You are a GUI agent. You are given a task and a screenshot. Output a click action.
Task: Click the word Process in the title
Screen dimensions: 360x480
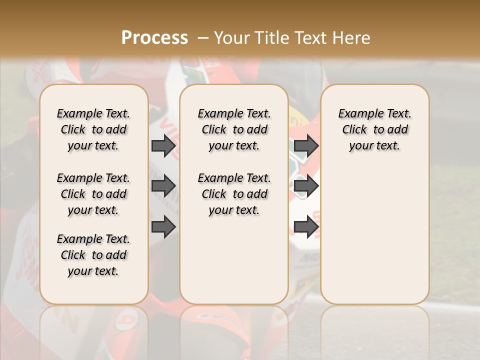pos(154,38)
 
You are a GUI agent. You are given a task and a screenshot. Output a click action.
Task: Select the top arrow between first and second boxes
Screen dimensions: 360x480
pos(163,146)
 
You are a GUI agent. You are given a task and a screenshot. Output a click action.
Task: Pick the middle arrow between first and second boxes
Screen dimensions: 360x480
pos(163,186)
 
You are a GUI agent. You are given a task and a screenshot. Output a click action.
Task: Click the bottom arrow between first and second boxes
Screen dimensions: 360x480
pos(163,227)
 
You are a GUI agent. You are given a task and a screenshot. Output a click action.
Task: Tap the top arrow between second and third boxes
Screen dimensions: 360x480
pos(306,146)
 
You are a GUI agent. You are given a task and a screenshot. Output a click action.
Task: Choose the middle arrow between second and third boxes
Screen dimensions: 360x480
pos(306,186)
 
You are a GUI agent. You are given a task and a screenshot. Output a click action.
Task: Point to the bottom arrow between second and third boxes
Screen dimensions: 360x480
pos(306,227)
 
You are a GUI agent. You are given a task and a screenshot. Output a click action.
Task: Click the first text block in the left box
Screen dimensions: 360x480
pos(93,129)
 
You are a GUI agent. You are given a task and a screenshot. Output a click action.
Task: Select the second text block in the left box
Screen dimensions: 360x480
pos(93,194)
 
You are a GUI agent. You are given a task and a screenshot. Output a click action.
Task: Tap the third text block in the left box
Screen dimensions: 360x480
pos(93,255)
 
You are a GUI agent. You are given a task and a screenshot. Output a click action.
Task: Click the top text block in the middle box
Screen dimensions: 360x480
pos(234,129)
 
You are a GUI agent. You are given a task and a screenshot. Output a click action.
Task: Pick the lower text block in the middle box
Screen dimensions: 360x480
pos(234,194)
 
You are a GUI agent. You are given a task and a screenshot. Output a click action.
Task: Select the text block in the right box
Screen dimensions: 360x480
pos(374,129)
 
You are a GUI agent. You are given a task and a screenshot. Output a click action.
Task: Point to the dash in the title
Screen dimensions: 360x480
pos(203,38)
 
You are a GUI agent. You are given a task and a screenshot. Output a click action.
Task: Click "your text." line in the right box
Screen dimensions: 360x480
pos(374,146)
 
